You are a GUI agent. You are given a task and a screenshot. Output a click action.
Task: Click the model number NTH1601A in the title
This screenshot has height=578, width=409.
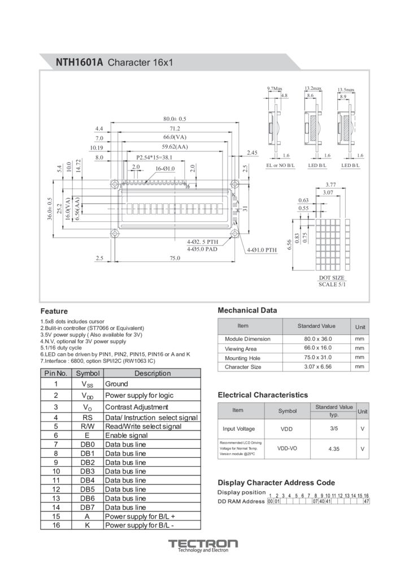(x=79, y=62)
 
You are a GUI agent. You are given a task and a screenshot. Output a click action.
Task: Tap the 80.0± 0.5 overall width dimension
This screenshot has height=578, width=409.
(x=175, y=119)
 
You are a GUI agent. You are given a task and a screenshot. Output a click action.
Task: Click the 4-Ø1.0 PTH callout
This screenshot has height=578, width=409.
(x=262, y=249)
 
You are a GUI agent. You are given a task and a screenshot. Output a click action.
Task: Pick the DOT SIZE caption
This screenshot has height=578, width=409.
(x=331, y=278)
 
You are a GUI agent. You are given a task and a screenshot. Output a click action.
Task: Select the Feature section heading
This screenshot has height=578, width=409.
(x=54, y=311)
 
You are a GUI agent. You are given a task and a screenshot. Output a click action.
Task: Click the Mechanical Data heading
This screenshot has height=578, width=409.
(x=247, y=310)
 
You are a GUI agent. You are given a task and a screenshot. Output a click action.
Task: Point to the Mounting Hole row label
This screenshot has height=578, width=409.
(x=243, y=358)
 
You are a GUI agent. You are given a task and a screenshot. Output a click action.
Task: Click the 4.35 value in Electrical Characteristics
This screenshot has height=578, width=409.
(x=333, y=449)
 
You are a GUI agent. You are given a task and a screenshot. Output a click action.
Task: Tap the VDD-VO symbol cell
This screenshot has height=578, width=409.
(x=287, y=448)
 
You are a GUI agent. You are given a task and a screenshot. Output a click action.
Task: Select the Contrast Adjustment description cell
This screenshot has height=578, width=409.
(x=137, y=407)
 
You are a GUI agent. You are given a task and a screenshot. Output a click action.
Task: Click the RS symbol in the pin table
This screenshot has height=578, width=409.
(x=88, y=417)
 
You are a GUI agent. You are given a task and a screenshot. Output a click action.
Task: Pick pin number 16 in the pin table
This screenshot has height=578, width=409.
(x=56, y=525)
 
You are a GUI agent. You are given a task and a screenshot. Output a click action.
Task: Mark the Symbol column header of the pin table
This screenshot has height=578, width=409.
(x=88, y=373)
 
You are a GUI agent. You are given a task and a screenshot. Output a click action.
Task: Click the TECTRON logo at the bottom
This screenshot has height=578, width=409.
(x=203, y=544)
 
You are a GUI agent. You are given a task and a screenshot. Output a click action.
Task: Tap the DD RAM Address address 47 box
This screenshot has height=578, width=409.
(x=367, y=501)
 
